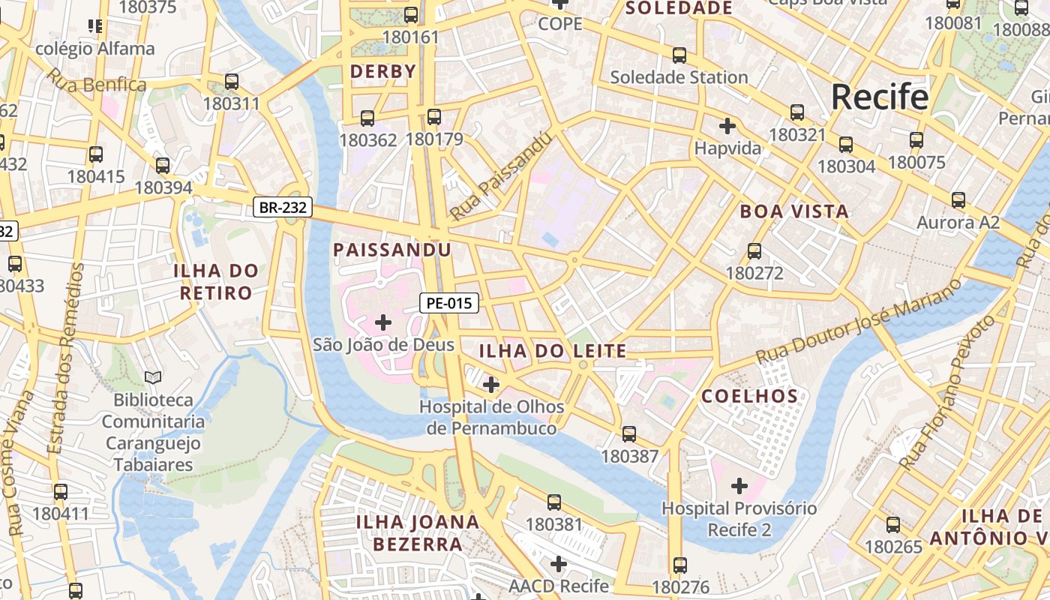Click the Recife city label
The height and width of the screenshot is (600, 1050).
tap(879, 97)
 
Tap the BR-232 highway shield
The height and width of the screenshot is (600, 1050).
tap(282, 208)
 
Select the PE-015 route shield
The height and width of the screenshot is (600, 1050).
tap(448, 303)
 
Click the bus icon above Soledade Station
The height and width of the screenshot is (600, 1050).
tap(679, 55)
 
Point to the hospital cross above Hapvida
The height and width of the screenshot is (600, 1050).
tap(727, 125)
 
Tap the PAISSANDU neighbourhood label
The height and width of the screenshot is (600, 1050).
tap(391, 250)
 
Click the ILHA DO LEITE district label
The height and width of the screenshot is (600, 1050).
tap(552, 350)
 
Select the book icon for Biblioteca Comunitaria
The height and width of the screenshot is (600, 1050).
tap(153, 377)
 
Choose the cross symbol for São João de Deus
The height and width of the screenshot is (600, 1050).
tap(383, 322)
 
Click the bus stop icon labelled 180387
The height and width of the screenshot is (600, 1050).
tap(629, 433)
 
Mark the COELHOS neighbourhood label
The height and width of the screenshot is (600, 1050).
tap(749, 396)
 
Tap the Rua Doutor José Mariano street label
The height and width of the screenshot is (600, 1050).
tap(859, 322)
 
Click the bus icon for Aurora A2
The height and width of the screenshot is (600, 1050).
tap(958, 200)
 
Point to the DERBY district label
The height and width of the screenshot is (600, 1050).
tap(382, 72)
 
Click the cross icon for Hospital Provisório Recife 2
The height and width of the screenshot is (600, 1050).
tap(739, 486)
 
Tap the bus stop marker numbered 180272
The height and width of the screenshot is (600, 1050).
tap(754, 251)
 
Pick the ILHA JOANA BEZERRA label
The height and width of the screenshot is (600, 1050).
tap(417, 532)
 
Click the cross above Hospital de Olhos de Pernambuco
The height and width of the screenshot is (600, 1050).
tap(491, 385)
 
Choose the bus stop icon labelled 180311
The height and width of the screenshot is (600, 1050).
tap(232, 82)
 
